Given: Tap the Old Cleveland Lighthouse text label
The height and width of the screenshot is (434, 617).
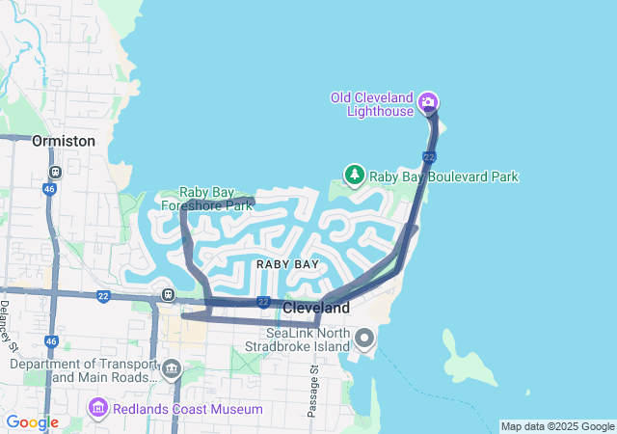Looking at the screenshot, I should pos(371,104).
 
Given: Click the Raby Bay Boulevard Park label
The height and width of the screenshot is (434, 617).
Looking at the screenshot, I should pos(444,176).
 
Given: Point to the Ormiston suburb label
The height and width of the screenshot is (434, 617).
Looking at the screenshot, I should pos(64,141).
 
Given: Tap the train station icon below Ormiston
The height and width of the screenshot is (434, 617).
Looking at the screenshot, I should pos(56,172).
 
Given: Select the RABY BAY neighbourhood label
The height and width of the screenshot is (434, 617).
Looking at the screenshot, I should pos(287,263).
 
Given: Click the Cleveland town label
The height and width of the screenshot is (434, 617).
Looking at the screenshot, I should pos(316,309).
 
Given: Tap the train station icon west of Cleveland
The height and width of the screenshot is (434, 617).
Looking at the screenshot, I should pos(169,294).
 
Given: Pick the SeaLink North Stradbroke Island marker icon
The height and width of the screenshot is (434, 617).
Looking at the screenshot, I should pos(364,338).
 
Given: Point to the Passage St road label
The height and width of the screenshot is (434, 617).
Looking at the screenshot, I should pos(312,391).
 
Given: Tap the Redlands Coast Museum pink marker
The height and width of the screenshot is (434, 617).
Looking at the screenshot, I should pos(97,409).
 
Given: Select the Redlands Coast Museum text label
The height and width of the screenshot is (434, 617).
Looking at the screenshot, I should pos(186,410).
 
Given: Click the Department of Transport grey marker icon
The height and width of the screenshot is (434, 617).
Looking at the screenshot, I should pos(172,367).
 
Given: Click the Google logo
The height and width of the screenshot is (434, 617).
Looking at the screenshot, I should pos(32,422).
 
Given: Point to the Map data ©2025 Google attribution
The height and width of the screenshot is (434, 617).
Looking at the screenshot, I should pos(557,426).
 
